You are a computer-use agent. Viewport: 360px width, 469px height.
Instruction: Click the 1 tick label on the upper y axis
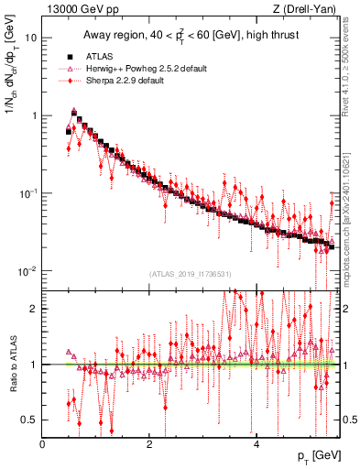(x=34, y=116)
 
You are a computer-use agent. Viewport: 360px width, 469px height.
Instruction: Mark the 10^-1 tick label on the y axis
(x=28, y=193)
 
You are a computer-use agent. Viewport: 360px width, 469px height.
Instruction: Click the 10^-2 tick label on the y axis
(x=28, y=271)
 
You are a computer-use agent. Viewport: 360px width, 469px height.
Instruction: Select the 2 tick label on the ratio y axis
(x=34, y=309)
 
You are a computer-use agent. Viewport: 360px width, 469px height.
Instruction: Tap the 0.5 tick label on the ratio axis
(x=29, y=420)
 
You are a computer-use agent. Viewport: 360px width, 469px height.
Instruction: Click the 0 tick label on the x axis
(x=43, y=444)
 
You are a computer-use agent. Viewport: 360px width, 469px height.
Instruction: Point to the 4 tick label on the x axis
(x=256, y=444)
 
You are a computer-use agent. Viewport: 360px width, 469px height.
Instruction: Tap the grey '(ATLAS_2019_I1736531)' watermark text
(x=190, y=274)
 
